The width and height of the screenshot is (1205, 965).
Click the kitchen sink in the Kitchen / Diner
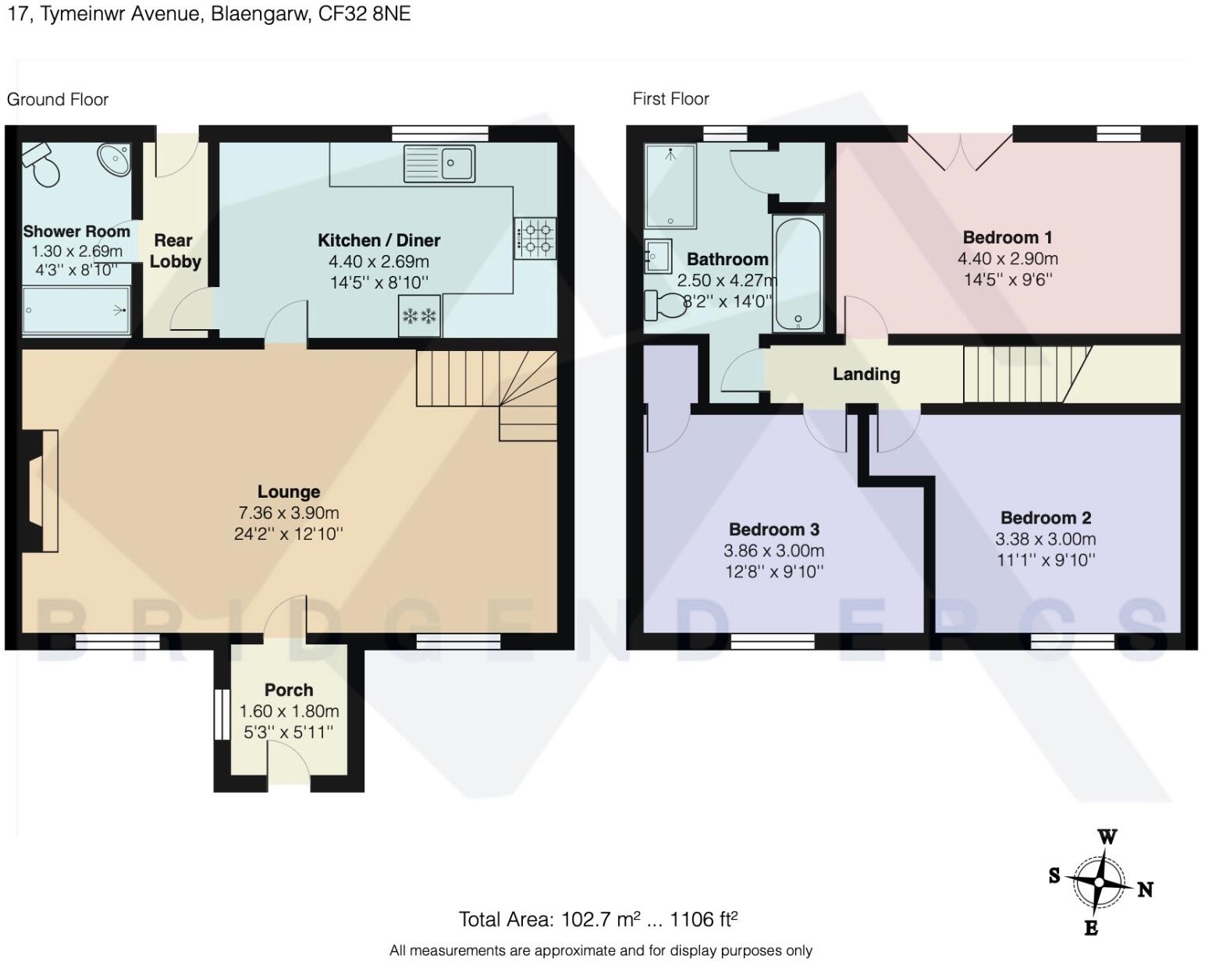click(439, 164)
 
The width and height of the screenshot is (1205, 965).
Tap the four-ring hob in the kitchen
click(535, 238)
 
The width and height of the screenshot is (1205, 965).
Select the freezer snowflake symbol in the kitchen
click(419, 316)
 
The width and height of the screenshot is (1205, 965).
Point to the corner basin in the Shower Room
click(114, 158)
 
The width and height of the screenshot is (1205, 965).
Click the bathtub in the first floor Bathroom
click(798, 274)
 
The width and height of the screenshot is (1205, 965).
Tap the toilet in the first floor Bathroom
click(665, 304)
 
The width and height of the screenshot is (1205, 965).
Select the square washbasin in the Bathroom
click(658, 257)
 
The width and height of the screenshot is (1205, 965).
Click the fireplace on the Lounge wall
click(40, 491)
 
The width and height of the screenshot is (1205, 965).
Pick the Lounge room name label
click(289, 491)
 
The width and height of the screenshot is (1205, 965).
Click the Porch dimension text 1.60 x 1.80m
click(289, 711)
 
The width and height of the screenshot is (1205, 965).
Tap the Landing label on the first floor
click(866, 374)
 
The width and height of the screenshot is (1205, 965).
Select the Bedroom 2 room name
click(1046, 518)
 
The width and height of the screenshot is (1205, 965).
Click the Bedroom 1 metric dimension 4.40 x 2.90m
click(1008, 258)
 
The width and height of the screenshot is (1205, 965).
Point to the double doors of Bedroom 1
click(960, 151)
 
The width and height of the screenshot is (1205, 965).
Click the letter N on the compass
click(1145, 890)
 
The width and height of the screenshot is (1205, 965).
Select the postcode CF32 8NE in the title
click(364, 14)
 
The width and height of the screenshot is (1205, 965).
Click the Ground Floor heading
click(57, 100)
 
